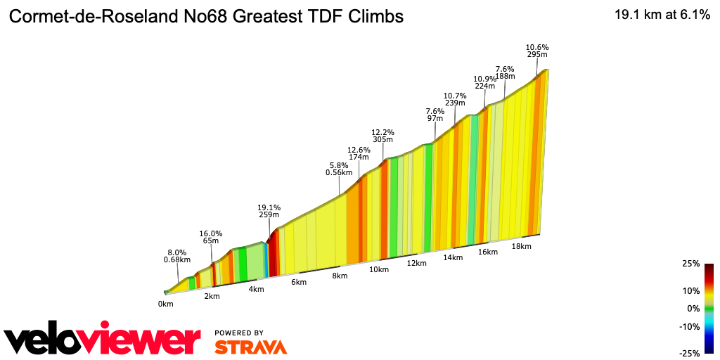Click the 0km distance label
coord(166,304)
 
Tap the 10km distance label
coord(379,269)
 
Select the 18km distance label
coord(521,246)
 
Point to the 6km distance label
coord(299,282)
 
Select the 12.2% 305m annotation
coord(383,136)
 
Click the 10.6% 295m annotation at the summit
coord(537,51)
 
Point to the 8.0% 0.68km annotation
coord(176,256)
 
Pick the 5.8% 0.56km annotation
coord(339,169)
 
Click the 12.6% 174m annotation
coord(359,154)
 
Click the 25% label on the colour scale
coord(691,264)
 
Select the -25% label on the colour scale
coord(690,353)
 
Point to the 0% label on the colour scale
coord(693,308)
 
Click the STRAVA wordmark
coord(250,347)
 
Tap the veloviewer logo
coord(103,341)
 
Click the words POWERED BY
coord(239,333)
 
